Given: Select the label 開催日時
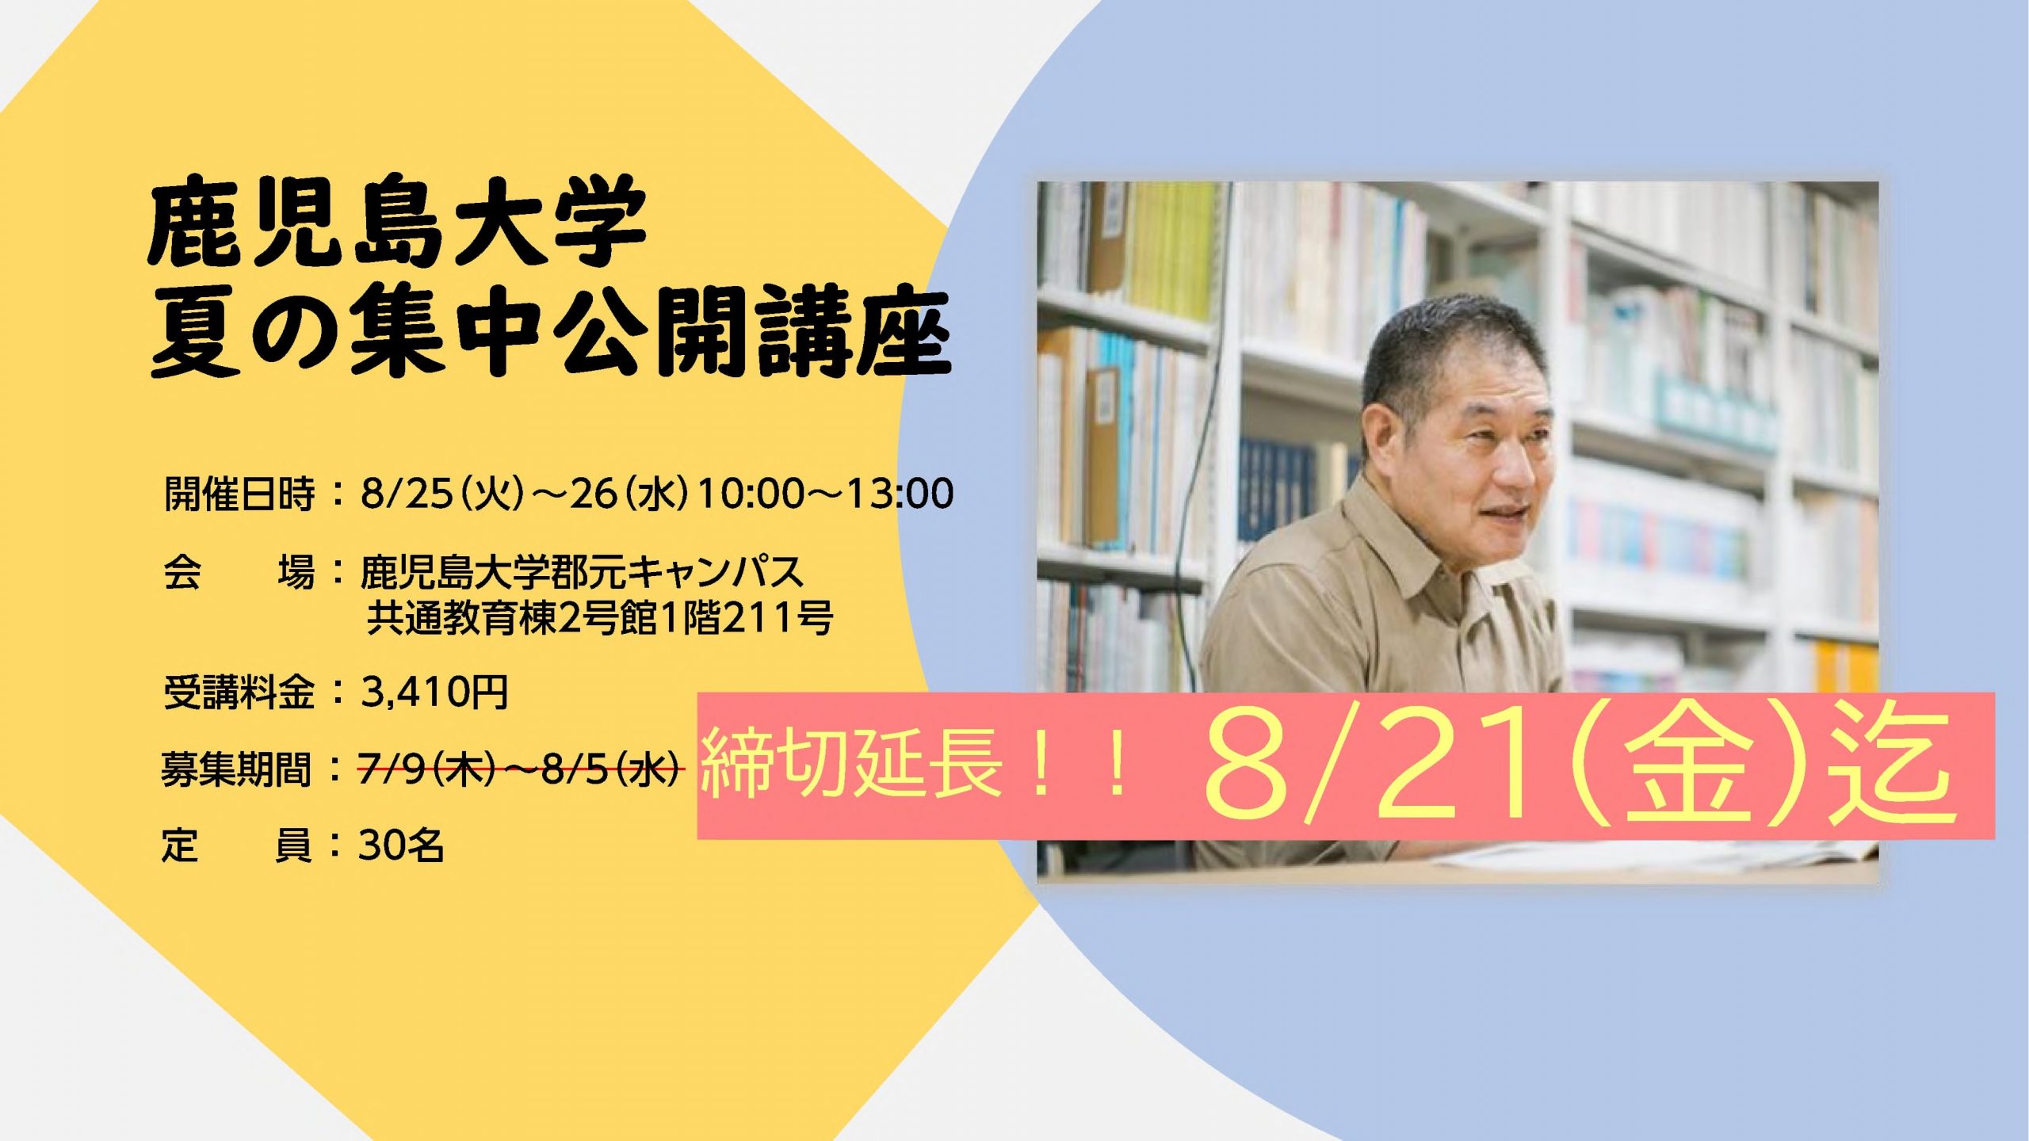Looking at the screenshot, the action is point(239,494).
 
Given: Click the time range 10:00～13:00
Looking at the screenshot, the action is point(825,493).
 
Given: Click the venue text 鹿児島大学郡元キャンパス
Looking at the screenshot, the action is point(582,572).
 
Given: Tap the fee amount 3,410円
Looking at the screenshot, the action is point(434,692).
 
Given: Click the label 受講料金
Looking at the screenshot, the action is point(239,692).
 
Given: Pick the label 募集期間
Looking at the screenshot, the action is point(237,769).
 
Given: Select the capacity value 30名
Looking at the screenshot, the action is point(400,845).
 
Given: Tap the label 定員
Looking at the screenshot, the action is point(237,845).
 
